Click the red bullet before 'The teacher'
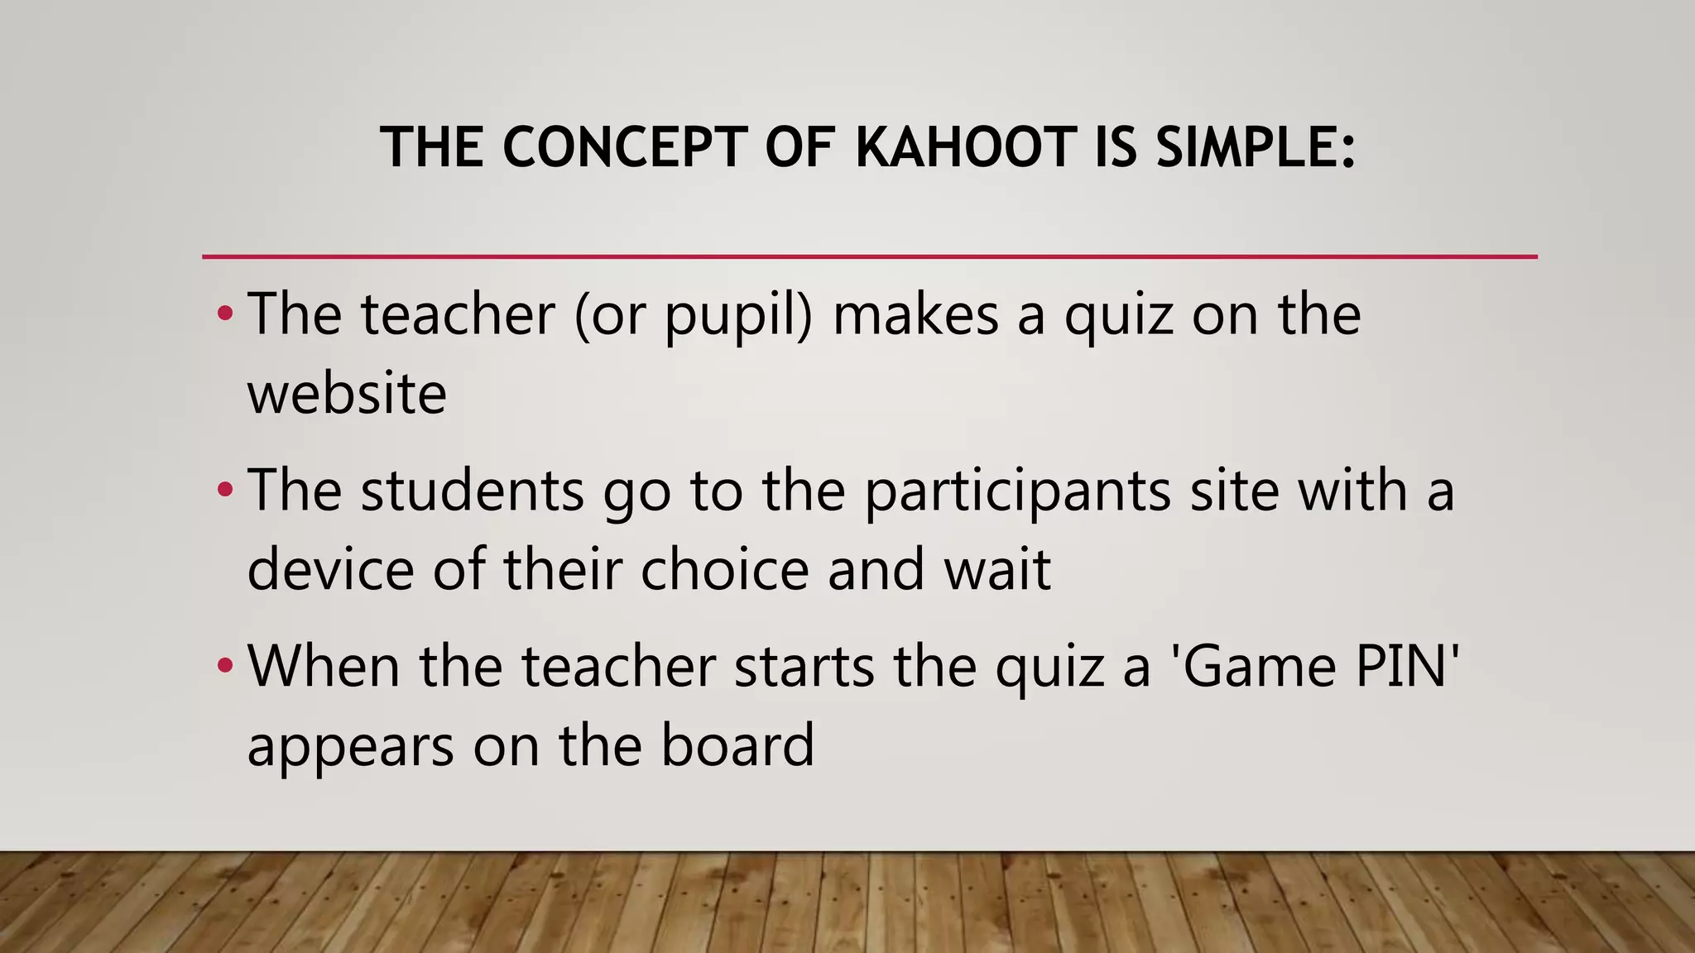pyautogui.click(x=224, y=314)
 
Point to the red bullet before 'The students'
pyautogui.click(x=224, y=491)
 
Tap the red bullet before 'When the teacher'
pyautogui.click(x=224, y=666)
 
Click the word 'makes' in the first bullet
pyautogui.click(x=915, y=315)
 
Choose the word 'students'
pyautogui.click(x=473, y=491)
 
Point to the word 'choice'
pyautogui.click(x=724, y=569)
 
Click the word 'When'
pyautogui.click(x=324, y=666)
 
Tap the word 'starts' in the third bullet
pyautogui.click(x=804, y=667)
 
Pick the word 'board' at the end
pyautogui.click(x=737, y=745)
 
